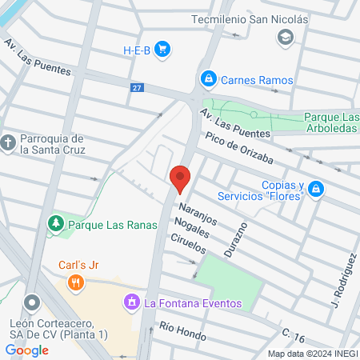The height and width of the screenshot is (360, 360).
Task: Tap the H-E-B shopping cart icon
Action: (162, 50)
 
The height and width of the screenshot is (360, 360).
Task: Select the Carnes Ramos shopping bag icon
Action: (208, 79)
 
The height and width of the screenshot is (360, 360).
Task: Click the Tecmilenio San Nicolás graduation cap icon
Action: (284, 37)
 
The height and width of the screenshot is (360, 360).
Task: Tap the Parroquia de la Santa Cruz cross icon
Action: (9, 143)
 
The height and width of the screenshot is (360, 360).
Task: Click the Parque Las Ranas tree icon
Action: (56, 224)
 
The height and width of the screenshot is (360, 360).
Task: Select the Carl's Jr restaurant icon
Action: (76, 282)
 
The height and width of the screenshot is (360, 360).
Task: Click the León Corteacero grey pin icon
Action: (31, 303)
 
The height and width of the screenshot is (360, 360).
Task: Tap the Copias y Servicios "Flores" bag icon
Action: (316, 189)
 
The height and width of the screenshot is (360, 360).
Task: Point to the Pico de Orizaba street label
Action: (239, 150)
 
